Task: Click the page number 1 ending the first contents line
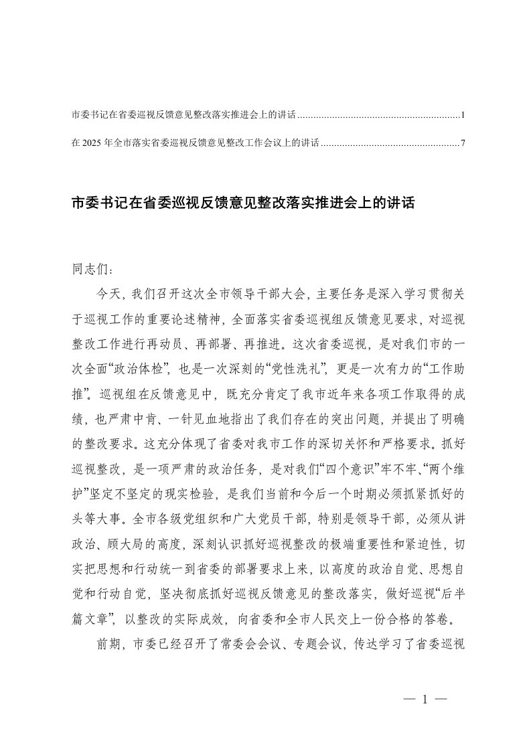click(463, 116)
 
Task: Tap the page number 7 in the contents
click(463, 143)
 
